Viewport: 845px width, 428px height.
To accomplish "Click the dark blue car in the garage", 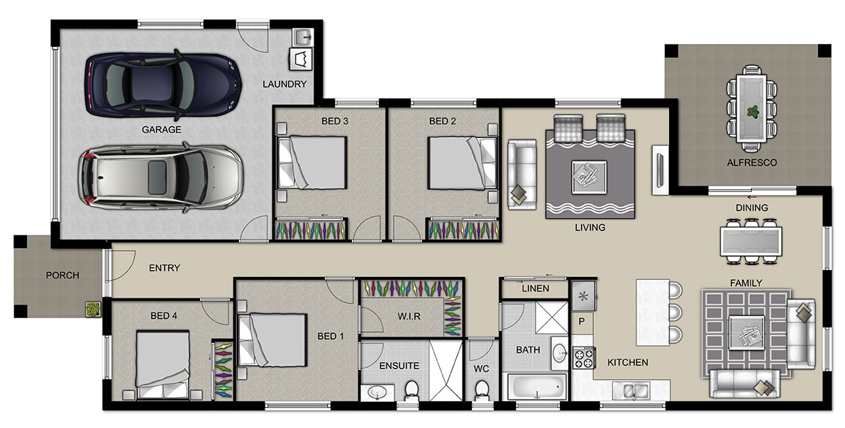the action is click(162, 84).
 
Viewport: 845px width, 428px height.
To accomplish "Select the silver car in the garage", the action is click(160, 176).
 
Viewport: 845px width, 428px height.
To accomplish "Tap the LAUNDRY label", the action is click(285, 84).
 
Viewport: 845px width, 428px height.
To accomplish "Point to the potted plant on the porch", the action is click(93, 309).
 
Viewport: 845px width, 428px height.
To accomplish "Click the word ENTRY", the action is click(165, 268).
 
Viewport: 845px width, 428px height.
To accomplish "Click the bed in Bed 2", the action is click(462, 162).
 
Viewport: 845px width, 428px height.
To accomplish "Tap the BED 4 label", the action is click(164, 315).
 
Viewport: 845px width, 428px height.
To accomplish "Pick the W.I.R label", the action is click(409, 317).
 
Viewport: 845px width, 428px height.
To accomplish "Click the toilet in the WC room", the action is click(482, 389).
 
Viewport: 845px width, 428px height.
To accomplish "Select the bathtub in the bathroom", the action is click(537, 386).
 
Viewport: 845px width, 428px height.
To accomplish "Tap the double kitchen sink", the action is click(631, 389).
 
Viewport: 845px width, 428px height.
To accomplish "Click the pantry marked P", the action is click(582, 322).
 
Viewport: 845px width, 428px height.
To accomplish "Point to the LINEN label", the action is click(536, 288).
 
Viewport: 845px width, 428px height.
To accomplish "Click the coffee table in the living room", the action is click(589, 176).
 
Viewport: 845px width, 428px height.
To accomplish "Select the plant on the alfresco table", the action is click(752, 113).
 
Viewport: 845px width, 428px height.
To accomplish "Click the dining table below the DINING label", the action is click(751, 241).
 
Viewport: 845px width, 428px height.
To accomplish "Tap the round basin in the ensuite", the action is click(376, 393).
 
